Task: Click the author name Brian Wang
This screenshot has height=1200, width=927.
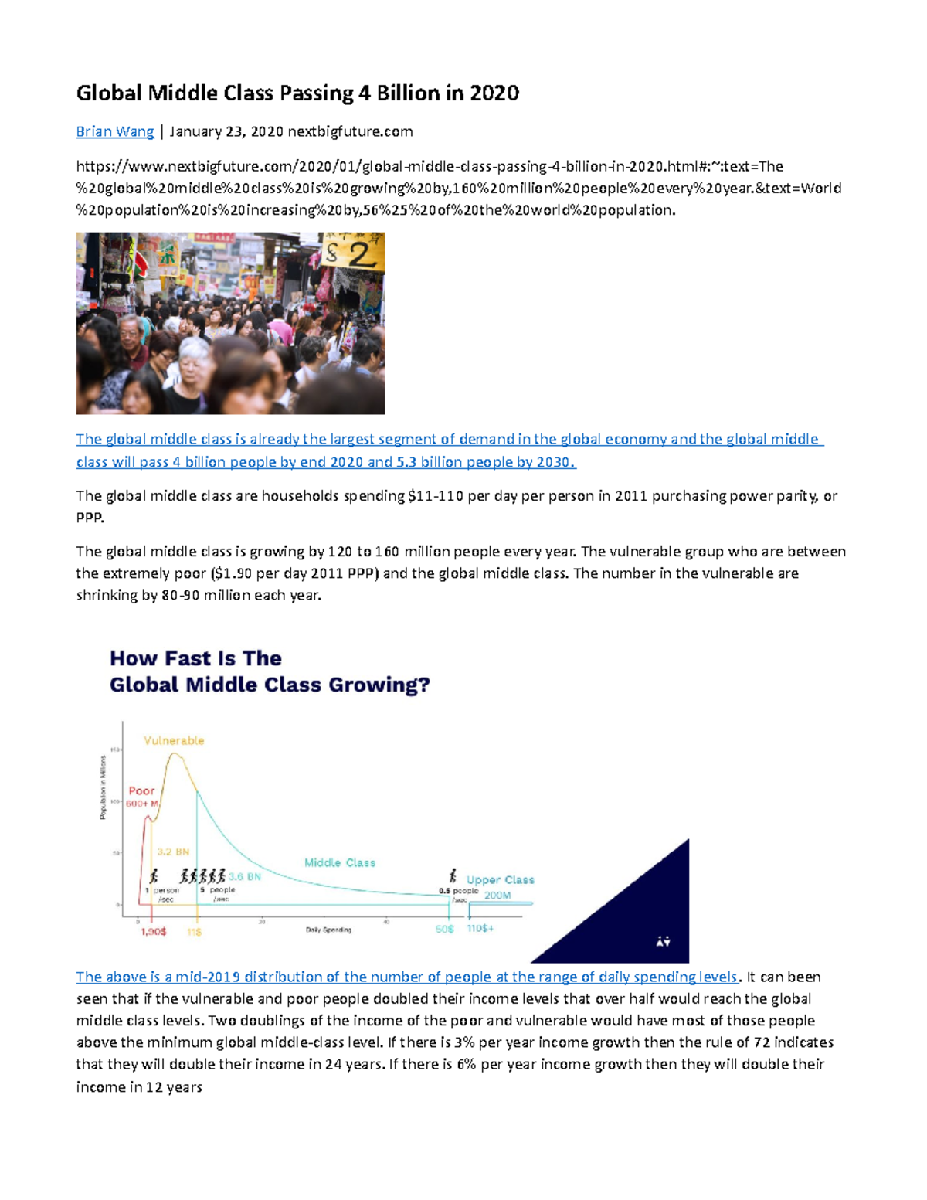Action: [x=114, y=131]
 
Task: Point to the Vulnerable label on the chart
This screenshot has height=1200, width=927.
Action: [x=174, y=740]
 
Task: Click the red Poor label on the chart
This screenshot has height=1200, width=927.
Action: [x=141, y=790]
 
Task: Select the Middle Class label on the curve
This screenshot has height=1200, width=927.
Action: [x=339, y=862]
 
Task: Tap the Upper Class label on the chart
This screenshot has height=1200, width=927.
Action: [x=500, y=879]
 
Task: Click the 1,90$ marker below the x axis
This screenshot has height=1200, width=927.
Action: [x=153, y=932]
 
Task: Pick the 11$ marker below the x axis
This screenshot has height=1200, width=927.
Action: [x=194, y=932]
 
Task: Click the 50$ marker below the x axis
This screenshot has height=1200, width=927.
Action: [x=444, y=929]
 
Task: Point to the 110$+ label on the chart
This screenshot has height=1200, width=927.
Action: [x=480, y=928]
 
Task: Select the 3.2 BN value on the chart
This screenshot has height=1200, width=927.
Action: [x=173, y=852]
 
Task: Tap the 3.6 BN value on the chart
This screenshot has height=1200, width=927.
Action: [x=245, y=877]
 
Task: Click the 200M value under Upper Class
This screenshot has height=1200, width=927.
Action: [x=497, y=896]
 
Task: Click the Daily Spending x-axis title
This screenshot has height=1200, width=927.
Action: [x=328, y=930]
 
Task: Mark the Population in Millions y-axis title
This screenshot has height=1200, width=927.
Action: [x=103, y=787]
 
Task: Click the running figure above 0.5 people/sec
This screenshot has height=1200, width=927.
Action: [x=453, y=876]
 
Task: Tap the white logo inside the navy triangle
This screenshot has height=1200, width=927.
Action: [x=663, y=941]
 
